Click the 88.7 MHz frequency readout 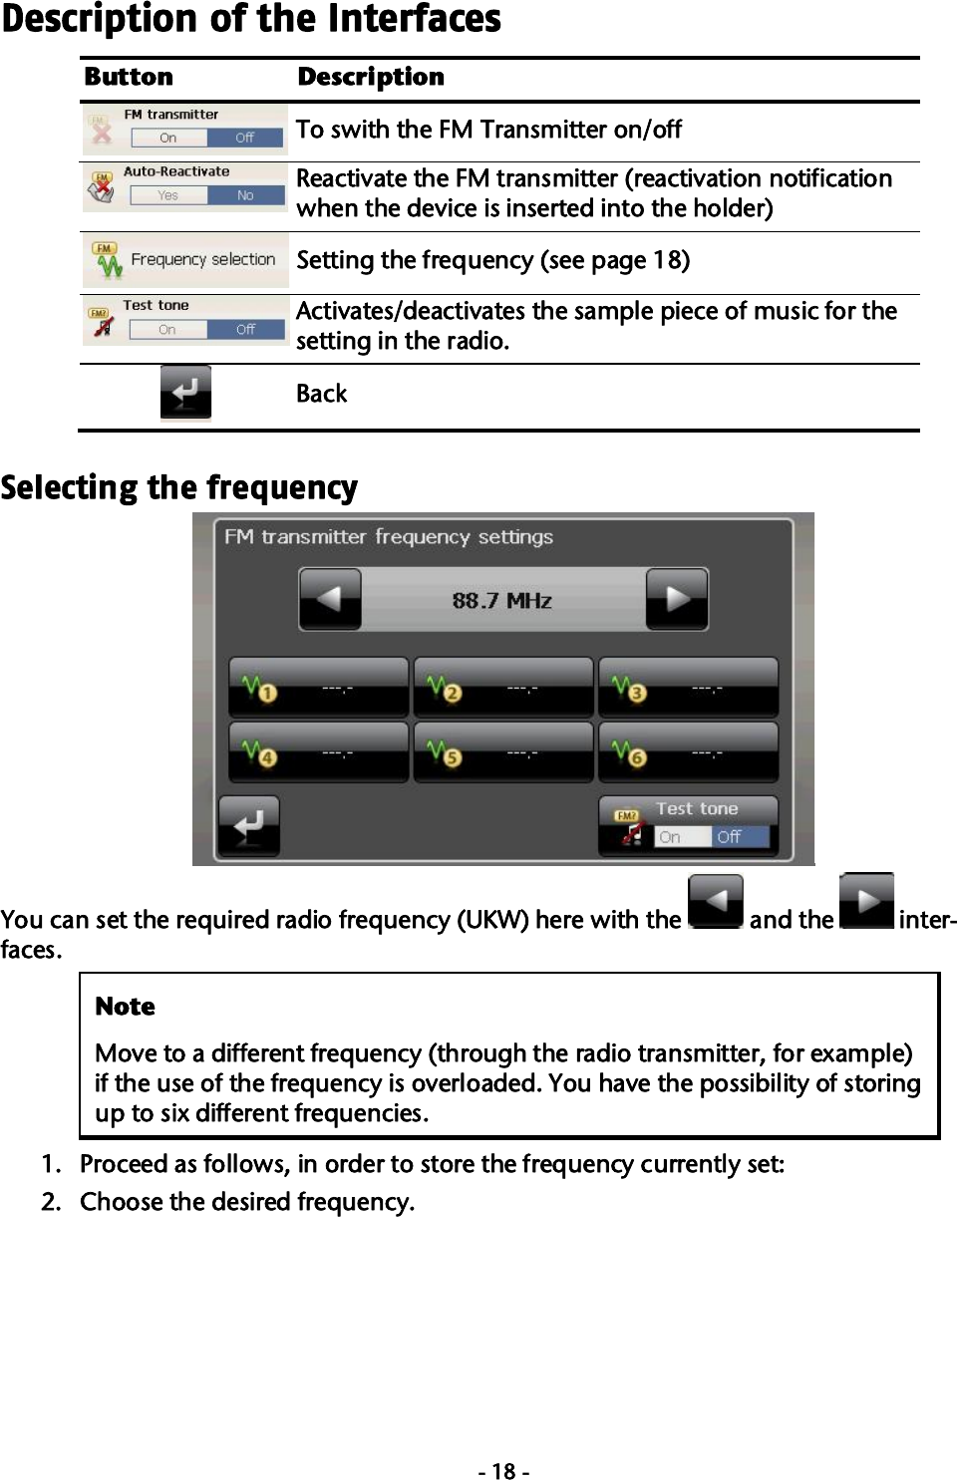click(502, 600)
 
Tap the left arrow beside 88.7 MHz click(330, 599)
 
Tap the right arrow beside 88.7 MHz click(677, 599)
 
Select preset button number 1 click(318, 688)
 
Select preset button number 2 click(502, 688)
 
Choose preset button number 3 click(688, 688)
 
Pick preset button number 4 click(318, 752)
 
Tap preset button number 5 click(502, 752)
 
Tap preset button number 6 click(688, 752)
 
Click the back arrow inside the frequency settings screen click(249, 825)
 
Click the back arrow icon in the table click(185, 393)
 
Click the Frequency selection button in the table click(185, 260)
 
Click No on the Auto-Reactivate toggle click(245, 195)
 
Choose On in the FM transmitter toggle click(168, 138)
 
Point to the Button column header click(129, 77)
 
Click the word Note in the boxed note click(125, 1006)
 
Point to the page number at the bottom click(503, 1471)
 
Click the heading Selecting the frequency click(179, 487)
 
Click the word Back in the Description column click(321, 394)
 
